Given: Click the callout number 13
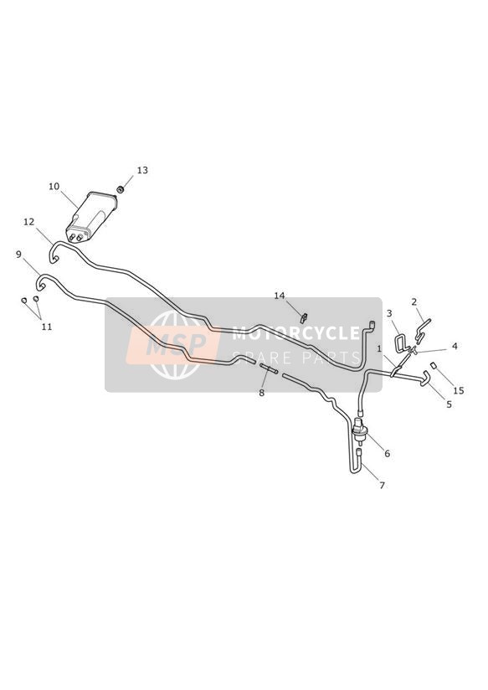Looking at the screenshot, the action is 142,170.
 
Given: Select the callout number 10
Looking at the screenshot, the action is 54,187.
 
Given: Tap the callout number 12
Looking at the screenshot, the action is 29,222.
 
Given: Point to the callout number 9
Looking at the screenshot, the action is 18,255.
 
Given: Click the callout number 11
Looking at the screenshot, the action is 47,327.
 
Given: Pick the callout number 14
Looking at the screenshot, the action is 280,296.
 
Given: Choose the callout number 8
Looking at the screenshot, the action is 261,393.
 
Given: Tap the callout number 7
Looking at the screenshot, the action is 382,486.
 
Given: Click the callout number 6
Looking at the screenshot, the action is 388,454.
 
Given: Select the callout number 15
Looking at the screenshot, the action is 459,391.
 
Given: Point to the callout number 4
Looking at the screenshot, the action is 455,347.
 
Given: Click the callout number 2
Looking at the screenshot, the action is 414,301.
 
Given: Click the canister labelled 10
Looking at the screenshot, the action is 91,217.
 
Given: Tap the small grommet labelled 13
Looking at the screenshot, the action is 119,189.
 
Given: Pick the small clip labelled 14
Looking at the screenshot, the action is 303,317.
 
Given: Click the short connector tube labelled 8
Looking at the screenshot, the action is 268,368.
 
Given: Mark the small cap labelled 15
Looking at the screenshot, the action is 433,365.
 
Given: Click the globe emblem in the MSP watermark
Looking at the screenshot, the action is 175,345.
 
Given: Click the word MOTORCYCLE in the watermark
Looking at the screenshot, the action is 296,333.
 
